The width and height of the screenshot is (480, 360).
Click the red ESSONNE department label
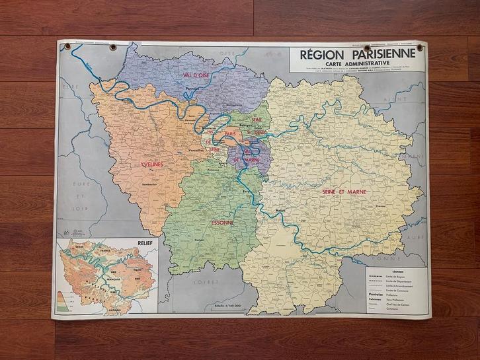tap(219, 223)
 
